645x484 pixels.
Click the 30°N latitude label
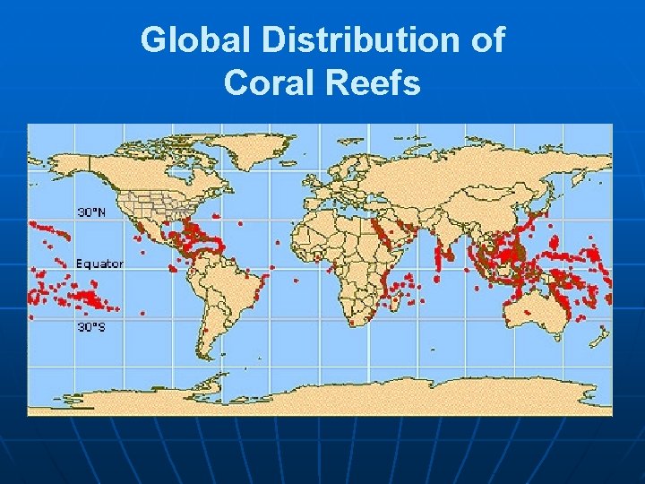tap(90, 212)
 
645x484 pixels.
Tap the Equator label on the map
tap(99, 264)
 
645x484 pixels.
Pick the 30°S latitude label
tap(90, 327)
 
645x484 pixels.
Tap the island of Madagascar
tap(392, 300)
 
